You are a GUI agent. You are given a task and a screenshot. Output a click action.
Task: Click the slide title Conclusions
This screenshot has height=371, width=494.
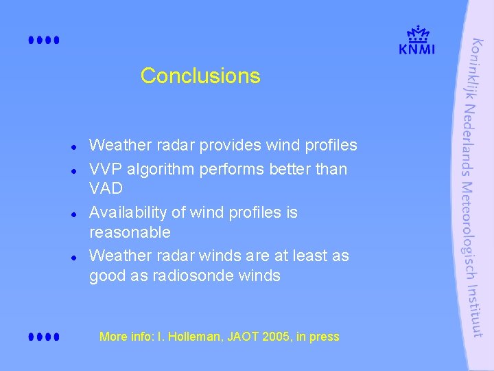pyautogui.click(x=200, y=76)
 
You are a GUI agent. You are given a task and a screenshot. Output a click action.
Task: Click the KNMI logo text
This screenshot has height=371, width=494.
pyautogui.click(x=416, y=48)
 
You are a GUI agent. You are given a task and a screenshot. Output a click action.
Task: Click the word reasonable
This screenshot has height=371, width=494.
pyautogui.click(x=130, y=233)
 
